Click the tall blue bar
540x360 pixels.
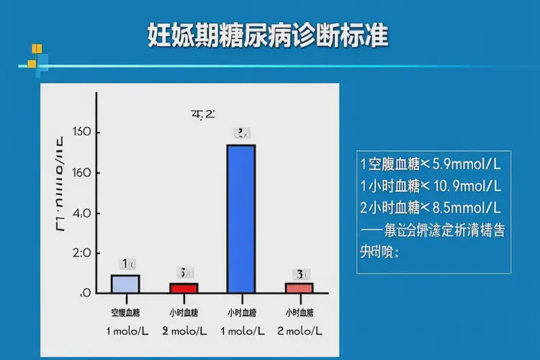(241, 219)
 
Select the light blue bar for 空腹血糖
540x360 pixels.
(125, 284)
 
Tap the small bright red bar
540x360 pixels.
(184, 288)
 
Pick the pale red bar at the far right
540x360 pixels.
(299, 288)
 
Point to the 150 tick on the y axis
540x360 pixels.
(81, 132)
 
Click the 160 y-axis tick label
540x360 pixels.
(81, 173)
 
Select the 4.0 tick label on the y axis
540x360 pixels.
(81, 213)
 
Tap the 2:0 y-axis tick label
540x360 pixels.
(81, 253)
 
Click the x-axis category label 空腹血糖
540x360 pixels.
(125, 312)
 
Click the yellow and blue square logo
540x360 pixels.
(35, 57)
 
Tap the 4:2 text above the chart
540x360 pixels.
(203, 114)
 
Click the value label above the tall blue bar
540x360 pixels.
(242, 132)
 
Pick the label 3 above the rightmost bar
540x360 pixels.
(299, 274)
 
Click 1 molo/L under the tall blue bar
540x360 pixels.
(241, 330)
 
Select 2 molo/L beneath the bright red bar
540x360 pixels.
(184, 330)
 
